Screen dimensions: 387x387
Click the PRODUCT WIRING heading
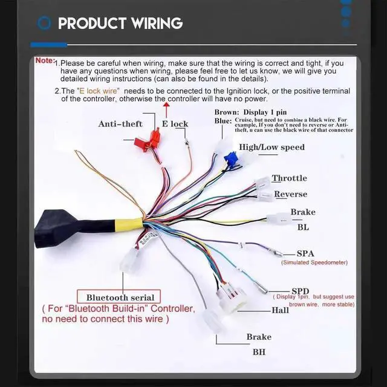click(120, 24)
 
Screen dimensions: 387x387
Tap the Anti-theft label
click(120, 124)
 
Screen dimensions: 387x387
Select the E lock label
click(175, 124)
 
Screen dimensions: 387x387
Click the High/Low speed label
click(272, 147)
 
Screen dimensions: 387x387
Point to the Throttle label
click(289, 178)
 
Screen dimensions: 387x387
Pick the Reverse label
click(290, 194)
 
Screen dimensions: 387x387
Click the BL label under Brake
click(302, 228)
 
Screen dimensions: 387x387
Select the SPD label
click(301, 290)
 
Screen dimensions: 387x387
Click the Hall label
click(280, 310)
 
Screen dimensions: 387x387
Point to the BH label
click(258, 351)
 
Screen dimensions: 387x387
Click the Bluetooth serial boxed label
click(120, 297)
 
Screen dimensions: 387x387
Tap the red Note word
click(45, 60)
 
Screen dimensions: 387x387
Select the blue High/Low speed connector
click(230, 160)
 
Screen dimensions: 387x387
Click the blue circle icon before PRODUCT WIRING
click(44, 24)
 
